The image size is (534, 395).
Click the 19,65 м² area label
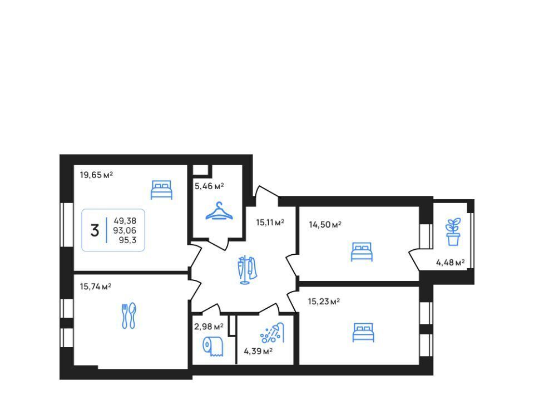coord(96,175)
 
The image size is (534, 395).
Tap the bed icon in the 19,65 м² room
coord(161,190)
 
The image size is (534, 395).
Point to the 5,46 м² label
coord(209,186)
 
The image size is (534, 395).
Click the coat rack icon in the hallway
coord(247,270)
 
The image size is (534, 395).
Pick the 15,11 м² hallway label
coord(270,223)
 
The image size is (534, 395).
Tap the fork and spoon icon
coord(128,315)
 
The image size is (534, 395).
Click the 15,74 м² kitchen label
coord(96,287)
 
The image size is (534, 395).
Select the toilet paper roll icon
coord(213,346)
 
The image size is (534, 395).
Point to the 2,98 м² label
coord(209,327)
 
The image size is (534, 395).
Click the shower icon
coord(272,333)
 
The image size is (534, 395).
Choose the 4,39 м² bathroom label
coord(258,351)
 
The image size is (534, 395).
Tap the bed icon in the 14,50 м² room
coord(362,252)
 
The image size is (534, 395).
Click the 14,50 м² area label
coord(325,225)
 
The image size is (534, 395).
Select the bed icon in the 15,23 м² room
coord(363,332)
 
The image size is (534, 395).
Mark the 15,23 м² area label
coord(324,302)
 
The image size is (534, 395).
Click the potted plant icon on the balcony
coord(453,232)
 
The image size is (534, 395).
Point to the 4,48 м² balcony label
coord(450,263)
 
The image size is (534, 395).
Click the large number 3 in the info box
coord(95,230)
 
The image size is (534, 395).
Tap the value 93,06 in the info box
coord(125,230)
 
